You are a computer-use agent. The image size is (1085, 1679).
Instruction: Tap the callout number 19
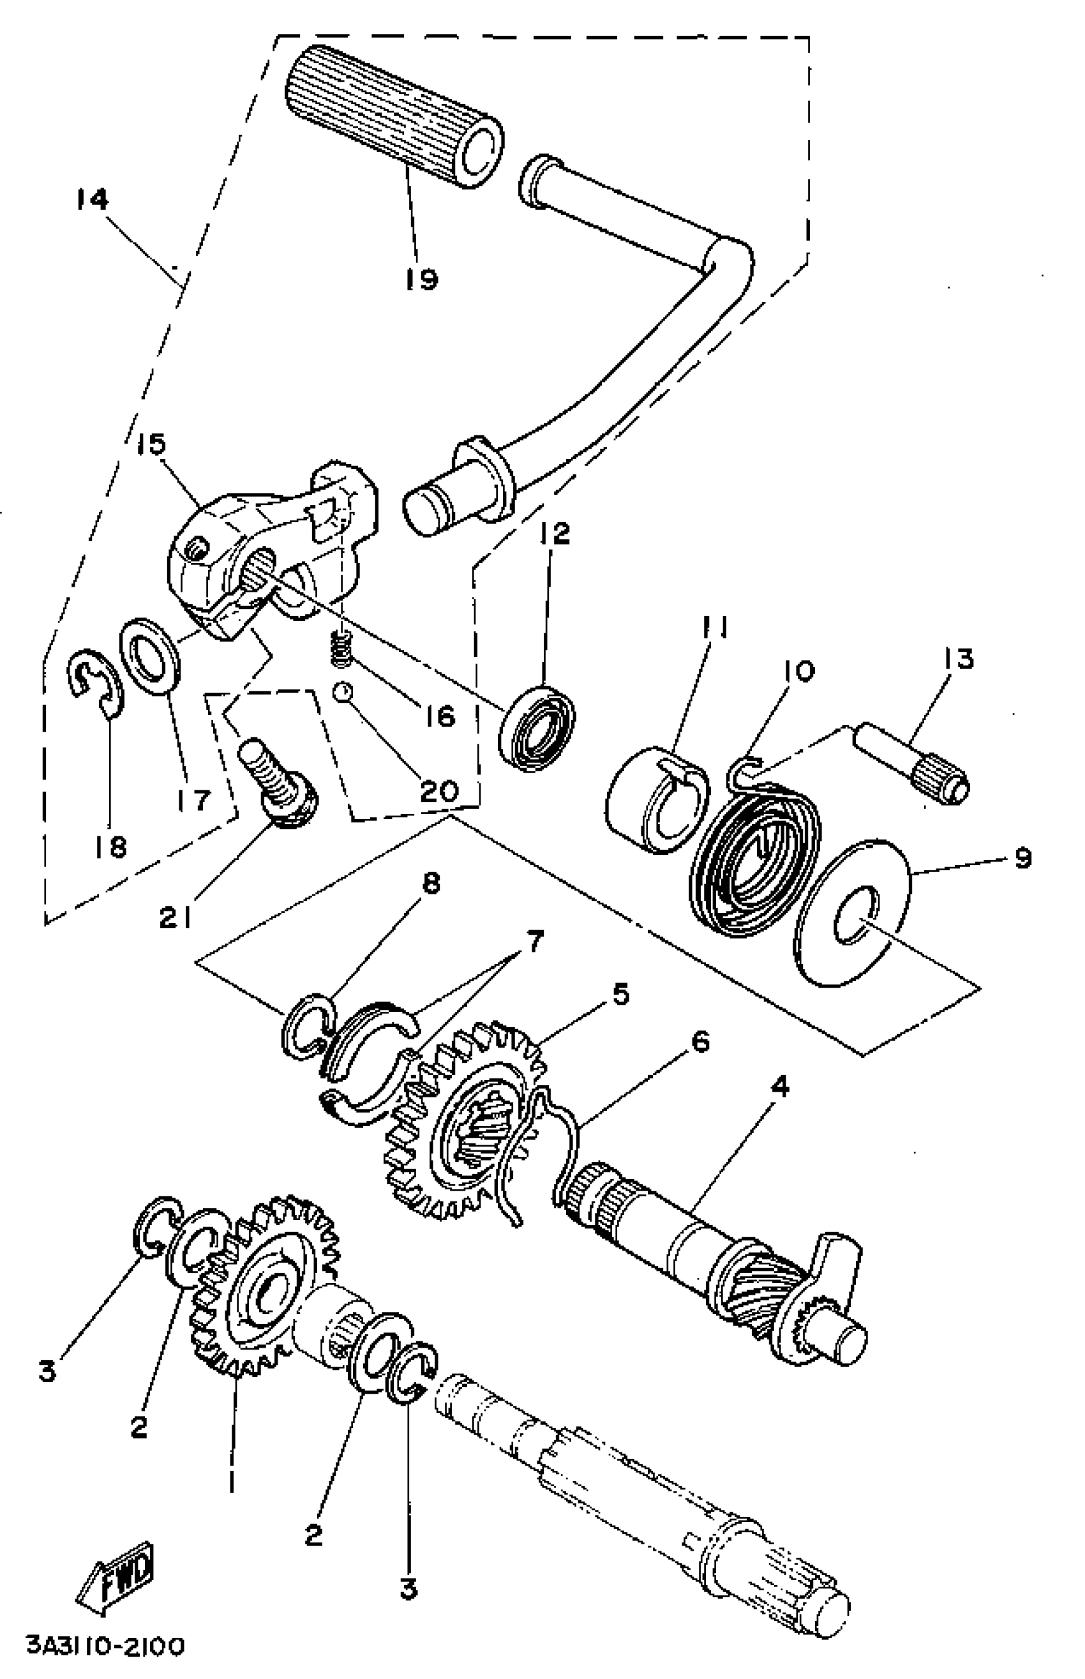point(421,279)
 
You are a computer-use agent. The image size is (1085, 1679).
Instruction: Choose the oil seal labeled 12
point(537,727)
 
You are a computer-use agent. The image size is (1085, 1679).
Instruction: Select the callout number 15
point(151,444)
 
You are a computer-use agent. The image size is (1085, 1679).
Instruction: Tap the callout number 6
point(700,1042)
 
